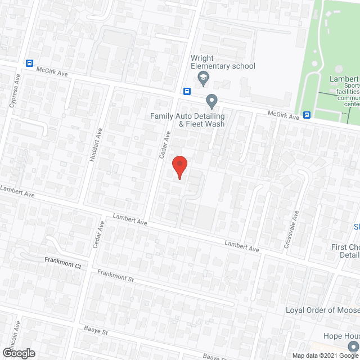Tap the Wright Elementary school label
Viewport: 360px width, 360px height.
tap(223, 62)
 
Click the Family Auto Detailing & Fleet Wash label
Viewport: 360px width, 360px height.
tap(187, 120)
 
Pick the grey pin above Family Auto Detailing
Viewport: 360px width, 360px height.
tap(211, 101)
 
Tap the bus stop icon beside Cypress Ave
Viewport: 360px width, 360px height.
tap(30, 64)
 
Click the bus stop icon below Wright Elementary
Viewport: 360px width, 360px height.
tap(187, 91)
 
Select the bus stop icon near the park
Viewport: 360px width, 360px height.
tap(307, 115)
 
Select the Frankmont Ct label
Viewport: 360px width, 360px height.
tap(62, 261)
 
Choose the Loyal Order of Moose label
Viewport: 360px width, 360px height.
tap(322, 310)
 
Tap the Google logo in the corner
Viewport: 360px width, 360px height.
tap(18, 353)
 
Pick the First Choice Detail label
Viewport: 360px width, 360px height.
tap(345, 251)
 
